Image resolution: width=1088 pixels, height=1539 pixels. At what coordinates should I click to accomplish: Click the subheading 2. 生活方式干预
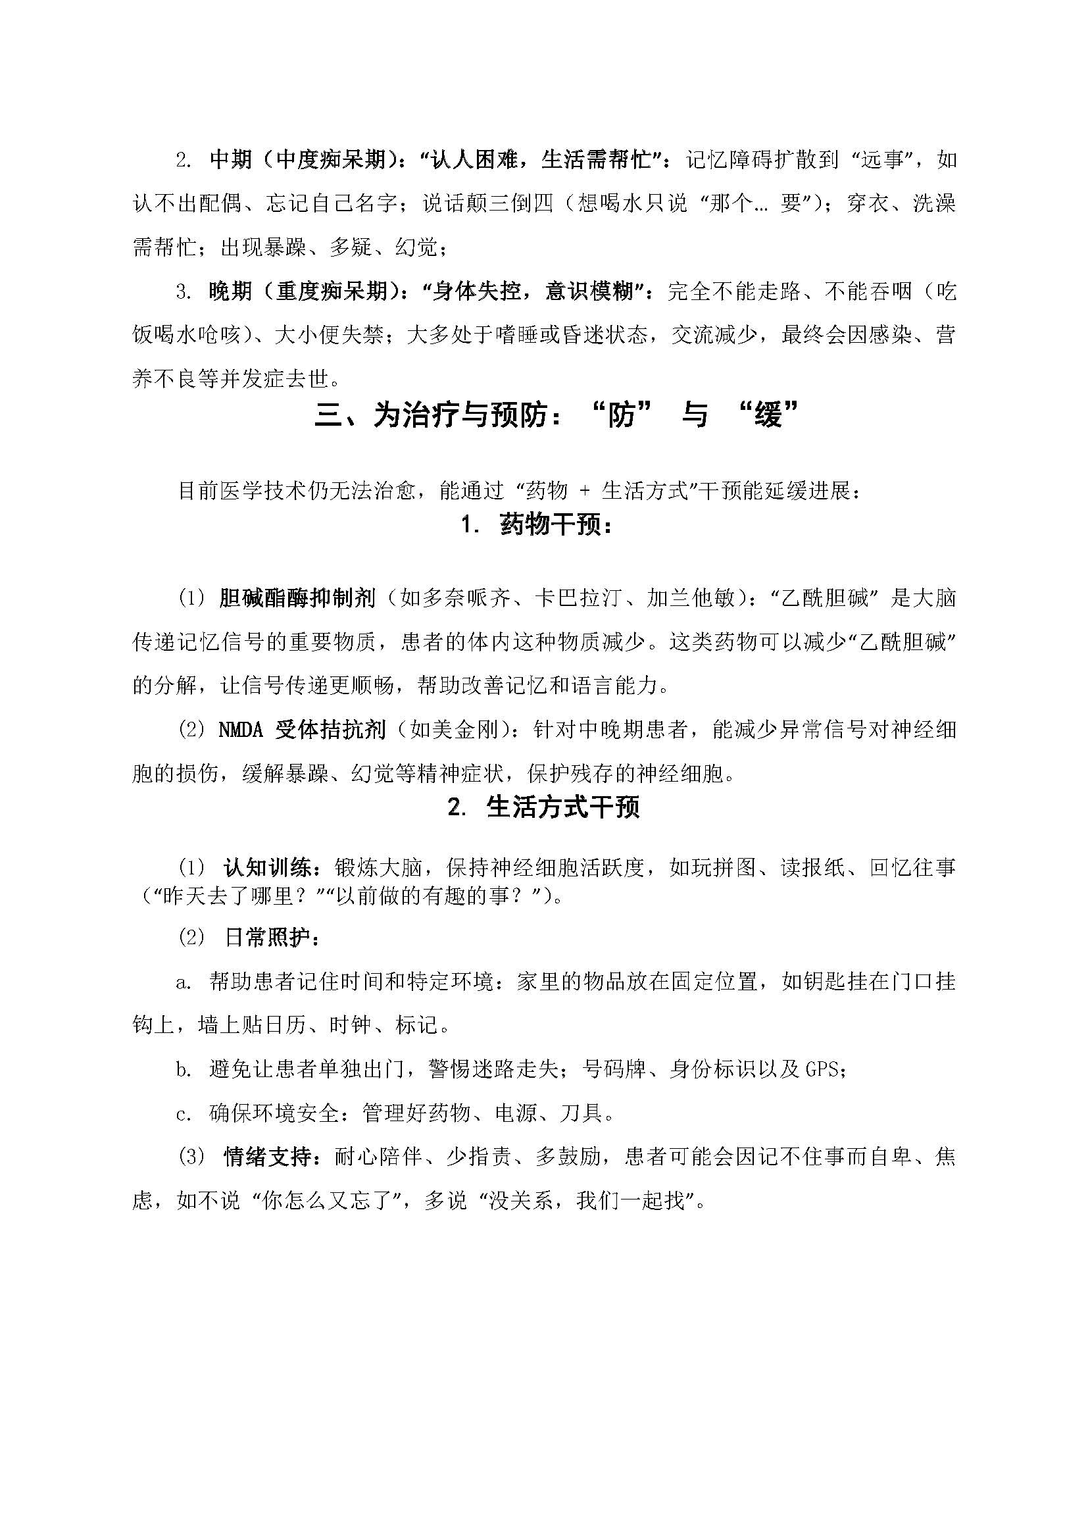click(543, 808)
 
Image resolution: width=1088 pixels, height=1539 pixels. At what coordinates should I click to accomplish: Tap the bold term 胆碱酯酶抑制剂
click(297, 598)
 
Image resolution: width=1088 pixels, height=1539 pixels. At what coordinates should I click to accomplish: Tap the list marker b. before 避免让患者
click(184, 1069)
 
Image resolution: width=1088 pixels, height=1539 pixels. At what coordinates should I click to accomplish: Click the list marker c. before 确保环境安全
click(184, 1113)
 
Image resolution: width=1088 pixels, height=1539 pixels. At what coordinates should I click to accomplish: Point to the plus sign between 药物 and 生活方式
click(584, 491)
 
